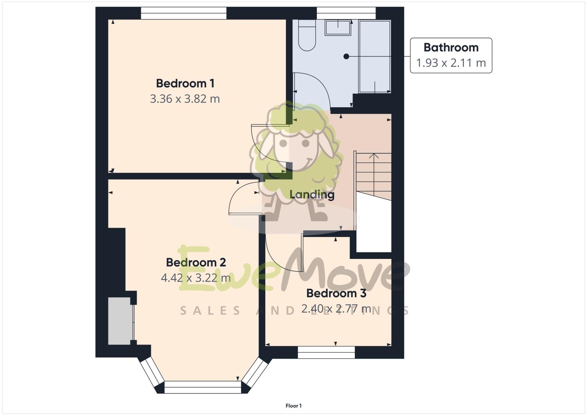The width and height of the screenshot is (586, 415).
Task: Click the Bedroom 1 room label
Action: click(185, 83)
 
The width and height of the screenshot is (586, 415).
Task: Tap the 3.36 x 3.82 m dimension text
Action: click(185, 99)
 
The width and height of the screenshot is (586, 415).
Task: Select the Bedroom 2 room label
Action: click(196, 262)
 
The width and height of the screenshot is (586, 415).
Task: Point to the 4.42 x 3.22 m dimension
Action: click(196, 278)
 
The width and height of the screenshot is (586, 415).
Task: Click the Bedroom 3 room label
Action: click(336, 293)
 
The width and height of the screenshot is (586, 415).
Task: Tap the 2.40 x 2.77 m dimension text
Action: click(336, 309)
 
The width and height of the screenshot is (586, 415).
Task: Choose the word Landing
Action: click(312, 194)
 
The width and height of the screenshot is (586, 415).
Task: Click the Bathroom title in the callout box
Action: click(451, 48)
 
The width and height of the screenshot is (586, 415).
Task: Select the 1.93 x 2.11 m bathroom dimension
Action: click(451, 63)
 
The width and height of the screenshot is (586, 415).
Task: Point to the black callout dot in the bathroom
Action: click(346, 57)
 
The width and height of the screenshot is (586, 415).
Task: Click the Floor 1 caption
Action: click(293, 406)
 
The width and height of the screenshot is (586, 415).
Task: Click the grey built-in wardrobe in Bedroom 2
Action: click(120, 321)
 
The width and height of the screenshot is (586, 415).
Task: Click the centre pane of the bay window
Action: click(203, 387)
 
